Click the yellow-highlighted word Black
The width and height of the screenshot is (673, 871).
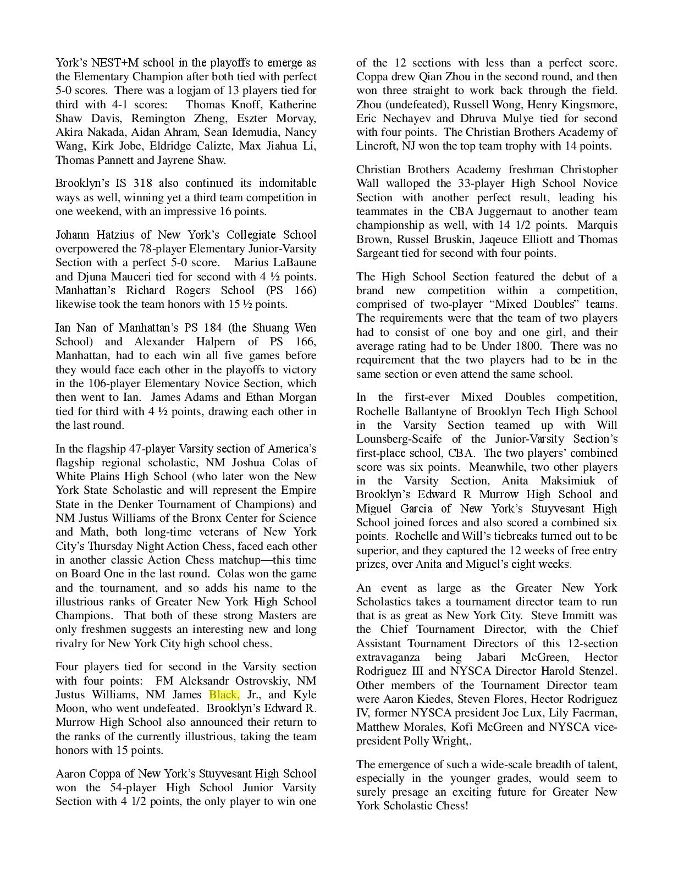click(224, 694)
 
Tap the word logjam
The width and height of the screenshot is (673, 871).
click(176, 90)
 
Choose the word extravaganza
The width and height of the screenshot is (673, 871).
click(388, 657)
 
